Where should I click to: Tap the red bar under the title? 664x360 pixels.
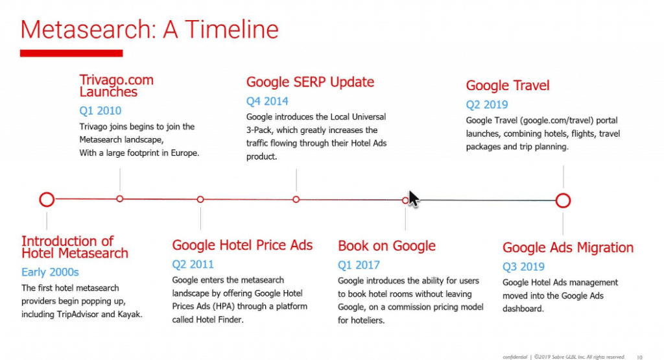71,53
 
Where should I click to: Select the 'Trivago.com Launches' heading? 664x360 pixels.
117,86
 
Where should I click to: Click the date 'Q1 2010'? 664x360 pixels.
100,110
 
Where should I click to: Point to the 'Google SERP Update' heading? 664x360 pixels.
310,82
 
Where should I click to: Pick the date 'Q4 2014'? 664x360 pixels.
267,101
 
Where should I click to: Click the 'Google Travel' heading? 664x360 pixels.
508,86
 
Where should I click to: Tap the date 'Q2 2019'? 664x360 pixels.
487,104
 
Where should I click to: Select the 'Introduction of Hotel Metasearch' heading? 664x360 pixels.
75,247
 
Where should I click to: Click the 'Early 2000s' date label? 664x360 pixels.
50,272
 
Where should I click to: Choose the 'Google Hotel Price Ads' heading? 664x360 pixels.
243,245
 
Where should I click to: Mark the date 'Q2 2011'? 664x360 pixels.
193,265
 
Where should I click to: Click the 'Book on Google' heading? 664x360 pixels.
386,246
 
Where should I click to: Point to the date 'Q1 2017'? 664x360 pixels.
359,265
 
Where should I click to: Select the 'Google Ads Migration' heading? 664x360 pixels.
568,248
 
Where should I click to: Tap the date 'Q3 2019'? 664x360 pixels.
523,267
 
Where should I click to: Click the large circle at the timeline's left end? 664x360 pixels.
47,199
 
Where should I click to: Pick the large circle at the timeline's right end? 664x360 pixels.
563,200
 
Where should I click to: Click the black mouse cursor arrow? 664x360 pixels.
413,198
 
